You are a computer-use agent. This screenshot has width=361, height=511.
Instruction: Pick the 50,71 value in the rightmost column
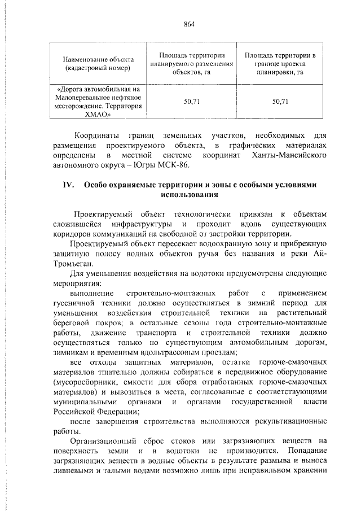(x=280, y=102)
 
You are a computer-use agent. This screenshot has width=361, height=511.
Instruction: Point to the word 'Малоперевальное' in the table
(x=83, y=97)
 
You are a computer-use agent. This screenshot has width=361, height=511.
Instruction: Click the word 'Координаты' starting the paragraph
(x=97, y=136)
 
